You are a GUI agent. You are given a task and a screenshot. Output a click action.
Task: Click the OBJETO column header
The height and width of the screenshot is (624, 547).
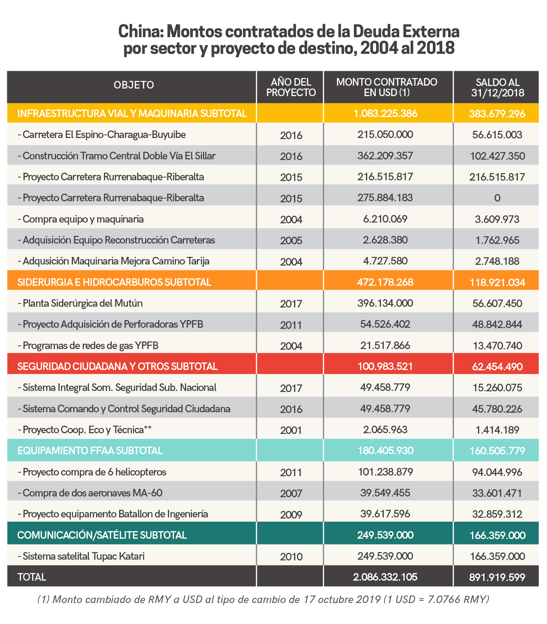pos(134,85)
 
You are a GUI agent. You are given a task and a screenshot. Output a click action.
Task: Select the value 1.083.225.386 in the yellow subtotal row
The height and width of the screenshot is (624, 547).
pos(386,114)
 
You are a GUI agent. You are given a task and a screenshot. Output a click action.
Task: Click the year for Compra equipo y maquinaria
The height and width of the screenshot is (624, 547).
pos(291,220)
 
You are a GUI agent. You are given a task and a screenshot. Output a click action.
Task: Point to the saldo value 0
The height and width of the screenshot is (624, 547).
pos(497,198)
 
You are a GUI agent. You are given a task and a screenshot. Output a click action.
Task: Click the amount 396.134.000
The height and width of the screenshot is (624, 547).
pos(385,303)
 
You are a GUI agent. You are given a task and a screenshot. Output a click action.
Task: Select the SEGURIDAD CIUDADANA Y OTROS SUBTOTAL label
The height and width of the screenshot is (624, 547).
pos(117,366)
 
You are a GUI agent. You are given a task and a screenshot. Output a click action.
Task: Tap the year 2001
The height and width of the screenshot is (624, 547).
pos(291,430)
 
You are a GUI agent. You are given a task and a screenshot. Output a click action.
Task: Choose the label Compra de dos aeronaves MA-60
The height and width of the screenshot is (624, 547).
pos(92,493)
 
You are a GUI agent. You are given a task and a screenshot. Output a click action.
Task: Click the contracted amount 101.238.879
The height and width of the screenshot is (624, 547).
pos(385,472)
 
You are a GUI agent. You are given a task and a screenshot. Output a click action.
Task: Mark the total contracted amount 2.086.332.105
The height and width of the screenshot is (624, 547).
pos(385,577)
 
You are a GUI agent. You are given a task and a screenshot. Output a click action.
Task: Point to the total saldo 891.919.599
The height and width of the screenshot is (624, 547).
pos(497,577)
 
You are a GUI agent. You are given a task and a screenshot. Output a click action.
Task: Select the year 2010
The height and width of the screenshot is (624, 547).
pos(291,557)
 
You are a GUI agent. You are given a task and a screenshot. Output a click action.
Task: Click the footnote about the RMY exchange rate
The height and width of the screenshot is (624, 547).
pos(263,600)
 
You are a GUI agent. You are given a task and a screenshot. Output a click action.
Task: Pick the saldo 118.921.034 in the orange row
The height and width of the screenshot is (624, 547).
pos(497,283)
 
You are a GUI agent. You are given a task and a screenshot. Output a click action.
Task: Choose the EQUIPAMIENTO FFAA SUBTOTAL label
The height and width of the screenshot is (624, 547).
pos(90,451)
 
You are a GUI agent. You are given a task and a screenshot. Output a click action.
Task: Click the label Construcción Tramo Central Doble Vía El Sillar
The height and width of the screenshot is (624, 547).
pos(119,156)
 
